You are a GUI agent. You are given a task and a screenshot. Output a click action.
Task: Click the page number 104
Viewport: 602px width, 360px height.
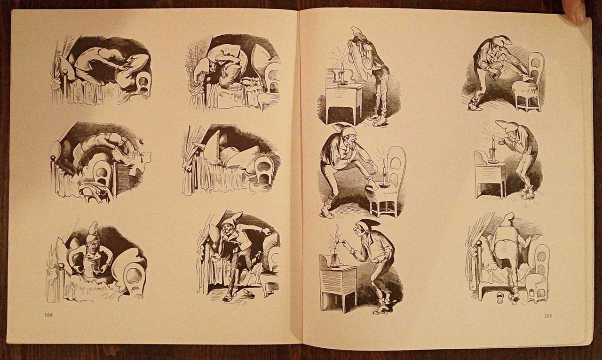click(48, 315)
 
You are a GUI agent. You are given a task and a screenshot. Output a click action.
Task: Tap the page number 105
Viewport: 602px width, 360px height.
click(548, 316)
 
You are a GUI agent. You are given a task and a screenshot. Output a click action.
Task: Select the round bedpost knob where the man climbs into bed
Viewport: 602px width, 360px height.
click(478, 243)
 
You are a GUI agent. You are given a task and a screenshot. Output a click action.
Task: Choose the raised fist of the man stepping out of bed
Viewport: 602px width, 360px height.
click(266, 231)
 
